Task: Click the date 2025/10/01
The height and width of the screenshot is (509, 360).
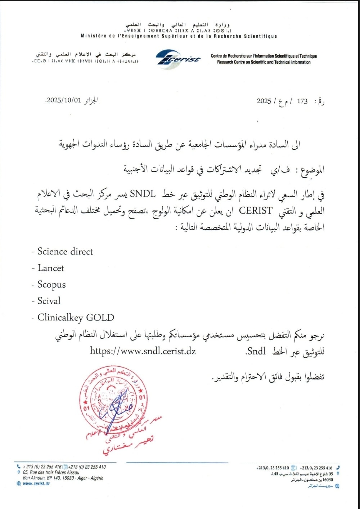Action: pos(63,100)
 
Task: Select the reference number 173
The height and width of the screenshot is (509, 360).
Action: pos(302,101)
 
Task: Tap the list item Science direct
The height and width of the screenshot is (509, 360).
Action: pos(65,251)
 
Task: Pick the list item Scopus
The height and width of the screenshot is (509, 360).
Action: pos(51,285)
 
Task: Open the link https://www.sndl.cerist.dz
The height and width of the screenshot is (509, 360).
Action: pos(143,351)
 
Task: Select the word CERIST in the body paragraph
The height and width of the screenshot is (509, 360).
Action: pos(256,210)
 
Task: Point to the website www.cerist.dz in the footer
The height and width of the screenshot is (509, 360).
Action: pos(36,483)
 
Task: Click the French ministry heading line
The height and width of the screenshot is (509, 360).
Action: pos(179,36)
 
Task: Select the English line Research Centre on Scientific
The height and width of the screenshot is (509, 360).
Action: pos(264,62)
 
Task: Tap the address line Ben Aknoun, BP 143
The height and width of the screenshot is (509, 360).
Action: pos(63,478)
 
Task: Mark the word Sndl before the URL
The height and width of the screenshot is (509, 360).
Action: pos(256,351)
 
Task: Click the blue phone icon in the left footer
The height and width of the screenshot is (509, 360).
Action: pos(19,467)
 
